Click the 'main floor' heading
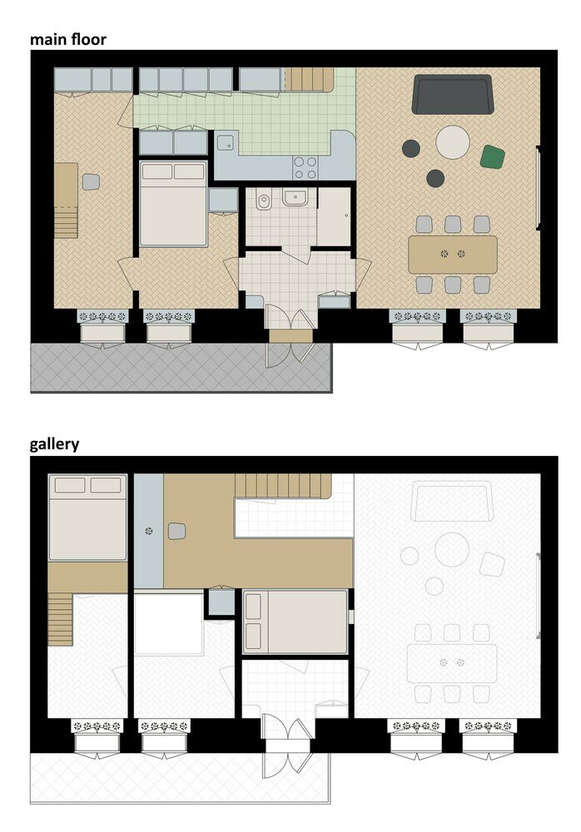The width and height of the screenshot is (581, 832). [x=68, y=38]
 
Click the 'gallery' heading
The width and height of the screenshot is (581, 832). [x=55, y=443]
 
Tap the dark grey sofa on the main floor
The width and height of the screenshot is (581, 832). [x=453, y=94]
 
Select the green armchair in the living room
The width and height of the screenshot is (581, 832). [x=493, y=156]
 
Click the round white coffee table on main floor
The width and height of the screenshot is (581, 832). [x=453, y=141]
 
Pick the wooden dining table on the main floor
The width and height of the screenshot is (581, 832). [x=453, y=254]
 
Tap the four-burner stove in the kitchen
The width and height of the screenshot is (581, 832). [x=305, y=166]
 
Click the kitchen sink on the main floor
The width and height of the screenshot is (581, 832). [x=226, y=142]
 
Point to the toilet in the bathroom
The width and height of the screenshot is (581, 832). [x=264, y=201]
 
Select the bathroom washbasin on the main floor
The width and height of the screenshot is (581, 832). [x=295, y=198]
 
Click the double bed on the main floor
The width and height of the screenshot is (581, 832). [x=172, y=205]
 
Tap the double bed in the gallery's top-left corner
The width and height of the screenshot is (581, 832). [x=87, y=518]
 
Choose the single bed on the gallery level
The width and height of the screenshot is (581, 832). [x=295, y=622]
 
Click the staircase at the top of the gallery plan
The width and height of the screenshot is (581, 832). [x=283, y=484]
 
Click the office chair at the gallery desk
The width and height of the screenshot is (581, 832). [x=176, y=531]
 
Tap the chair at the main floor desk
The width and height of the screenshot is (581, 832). [x=91, y=181]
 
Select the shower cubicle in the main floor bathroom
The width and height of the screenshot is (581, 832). [x=334, y=216]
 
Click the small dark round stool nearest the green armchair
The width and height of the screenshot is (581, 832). [x=435, y=177]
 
